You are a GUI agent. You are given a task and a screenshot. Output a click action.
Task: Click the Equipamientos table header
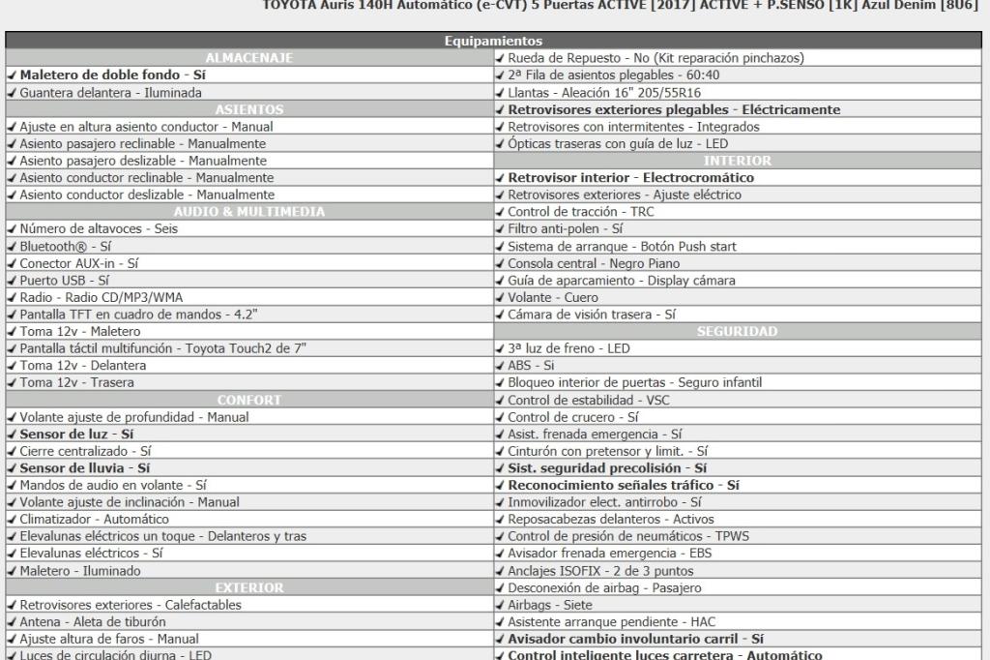493,42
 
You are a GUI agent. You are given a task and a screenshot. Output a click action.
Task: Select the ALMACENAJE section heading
249,58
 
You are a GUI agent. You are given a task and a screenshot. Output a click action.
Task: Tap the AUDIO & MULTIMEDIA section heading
249,212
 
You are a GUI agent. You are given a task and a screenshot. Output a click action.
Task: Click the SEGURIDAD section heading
737,332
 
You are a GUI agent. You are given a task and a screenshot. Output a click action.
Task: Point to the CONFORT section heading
249,401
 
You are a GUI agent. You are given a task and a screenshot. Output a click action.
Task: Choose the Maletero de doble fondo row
107,75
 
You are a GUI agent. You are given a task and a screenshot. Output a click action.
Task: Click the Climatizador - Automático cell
94,520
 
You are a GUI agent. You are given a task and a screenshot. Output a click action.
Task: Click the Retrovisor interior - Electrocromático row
630,178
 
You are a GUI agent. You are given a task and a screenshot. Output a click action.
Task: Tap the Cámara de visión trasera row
592,315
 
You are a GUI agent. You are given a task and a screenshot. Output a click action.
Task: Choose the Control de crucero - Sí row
573,417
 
